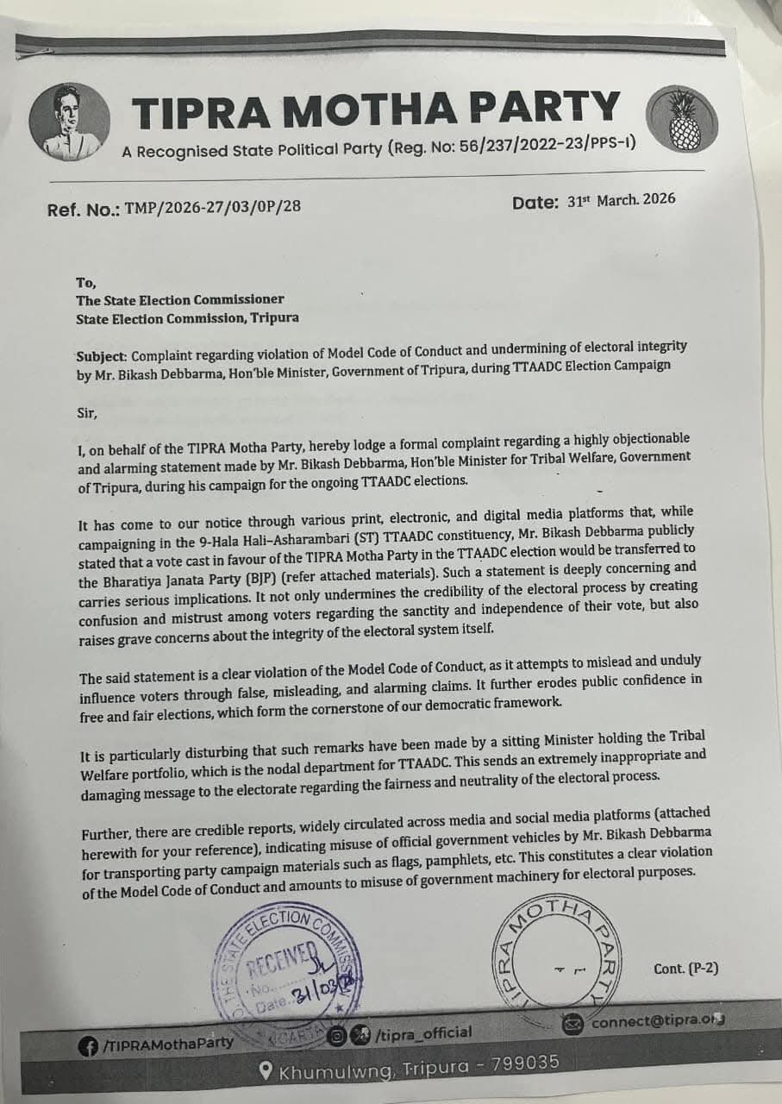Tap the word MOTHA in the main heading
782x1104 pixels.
tap(376, 110)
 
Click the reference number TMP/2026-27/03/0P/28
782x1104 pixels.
tap(213, 207)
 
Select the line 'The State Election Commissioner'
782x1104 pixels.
tap(180, 300)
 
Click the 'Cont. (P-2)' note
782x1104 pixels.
tap(685, 969)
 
